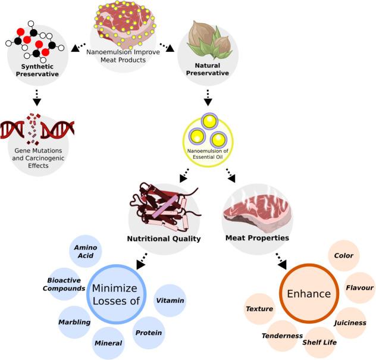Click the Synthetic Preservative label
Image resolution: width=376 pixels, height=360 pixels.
pyautogui.click(x=37, y=70)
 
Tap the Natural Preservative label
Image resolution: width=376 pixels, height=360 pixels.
pyautogui.click(x=208, y=69)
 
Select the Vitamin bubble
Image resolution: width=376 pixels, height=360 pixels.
pyautogui.click(x=170, y=300)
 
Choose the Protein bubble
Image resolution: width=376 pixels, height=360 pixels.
pyautogui.click(x=149, y=333)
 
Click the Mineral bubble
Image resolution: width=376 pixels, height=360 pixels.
pyautogui.click(x=108, y=343)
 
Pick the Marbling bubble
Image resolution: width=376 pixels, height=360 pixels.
pyautogui.click(x=74, y=322)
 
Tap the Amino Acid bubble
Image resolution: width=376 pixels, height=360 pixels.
pyautogui.click(x=86, y=251)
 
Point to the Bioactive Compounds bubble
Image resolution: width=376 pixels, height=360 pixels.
pyautogui.click(x=64, y=284)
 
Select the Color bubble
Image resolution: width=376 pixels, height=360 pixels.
pyautogui.click(x=344, y=256)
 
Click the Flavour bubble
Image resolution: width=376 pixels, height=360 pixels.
pyautogui.click(x=360, y=288)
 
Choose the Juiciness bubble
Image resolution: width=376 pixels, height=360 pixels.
pyautogui.click(x=350, y=323)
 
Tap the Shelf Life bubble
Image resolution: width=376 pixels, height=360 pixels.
pyautogui.click(x=319, y=343)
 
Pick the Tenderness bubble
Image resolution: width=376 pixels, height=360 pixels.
pyautogui.click(x=282, y=336)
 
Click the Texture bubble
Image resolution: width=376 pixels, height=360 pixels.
pyautogui.click(x=260, y=309)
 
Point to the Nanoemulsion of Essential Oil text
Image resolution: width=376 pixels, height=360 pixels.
pyautogui.click(x=208, y=154)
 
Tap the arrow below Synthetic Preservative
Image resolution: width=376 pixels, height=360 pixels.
pyautogui.click(x=37, y=98)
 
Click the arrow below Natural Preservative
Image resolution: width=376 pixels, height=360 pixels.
pyautogui.click(x=208, y=98)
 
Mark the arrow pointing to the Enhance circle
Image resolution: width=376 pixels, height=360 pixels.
pyautogui.click(x=281, y=261)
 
